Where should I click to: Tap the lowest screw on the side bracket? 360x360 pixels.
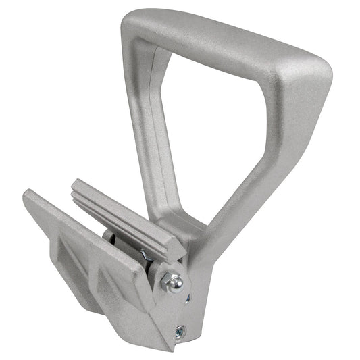[x=180, y=331]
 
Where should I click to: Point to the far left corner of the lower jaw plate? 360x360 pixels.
[x=27, y=197]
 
